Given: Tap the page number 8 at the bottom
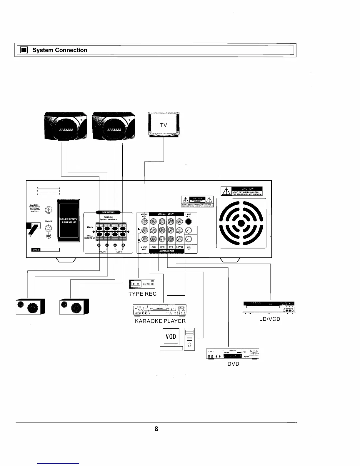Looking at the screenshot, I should [x=156, y=429].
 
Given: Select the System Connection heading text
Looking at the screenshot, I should [x=60, y=50].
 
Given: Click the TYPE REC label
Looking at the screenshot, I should [x=143, y=294].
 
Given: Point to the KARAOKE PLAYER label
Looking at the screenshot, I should [x=160, y=321].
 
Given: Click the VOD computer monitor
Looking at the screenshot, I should [x=171, y=336].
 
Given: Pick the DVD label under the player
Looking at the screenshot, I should [x=233, y=364].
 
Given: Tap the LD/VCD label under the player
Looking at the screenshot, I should [x=270, y=319].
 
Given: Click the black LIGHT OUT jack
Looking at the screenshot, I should [x=189, y=222].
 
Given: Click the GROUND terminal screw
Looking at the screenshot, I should [x=49, y=228].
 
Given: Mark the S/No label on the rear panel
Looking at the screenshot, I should [x=36, y=250].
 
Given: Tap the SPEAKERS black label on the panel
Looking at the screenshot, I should [x=108, y=212].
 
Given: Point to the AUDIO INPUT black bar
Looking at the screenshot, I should [x=167, y=251].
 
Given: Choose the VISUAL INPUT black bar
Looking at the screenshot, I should [x=166, y=214].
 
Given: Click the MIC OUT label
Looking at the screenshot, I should [x=189, y=248].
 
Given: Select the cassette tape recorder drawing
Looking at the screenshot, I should [x=142, y=284].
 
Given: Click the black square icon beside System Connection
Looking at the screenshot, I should [x=24, y=50].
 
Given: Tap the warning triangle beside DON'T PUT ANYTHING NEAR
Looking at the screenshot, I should [x=226, y=191].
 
